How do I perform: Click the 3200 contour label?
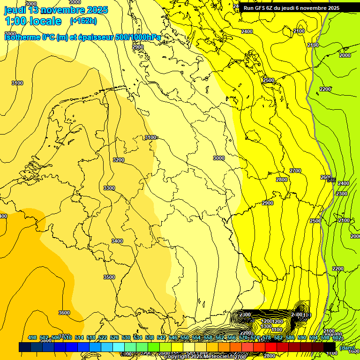[119, 160]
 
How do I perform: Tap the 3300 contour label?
[109, 188]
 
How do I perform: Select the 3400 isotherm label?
[117, 241]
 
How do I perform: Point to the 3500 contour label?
[109, 277]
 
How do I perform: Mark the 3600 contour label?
[64, 313]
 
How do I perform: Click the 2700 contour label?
[295, 171]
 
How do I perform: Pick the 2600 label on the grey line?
[326, 177]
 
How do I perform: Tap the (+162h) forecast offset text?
[83, 21]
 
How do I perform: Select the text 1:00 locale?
[33, 21]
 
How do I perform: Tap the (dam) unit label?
[347, 348]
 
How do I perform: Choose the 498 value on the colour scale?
[32, 337]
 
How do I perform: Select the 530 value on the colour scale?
[126, 337]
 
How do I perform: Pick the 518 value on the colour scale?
[91, 337]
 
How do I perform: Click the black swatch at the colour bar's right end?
[330, 347]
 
